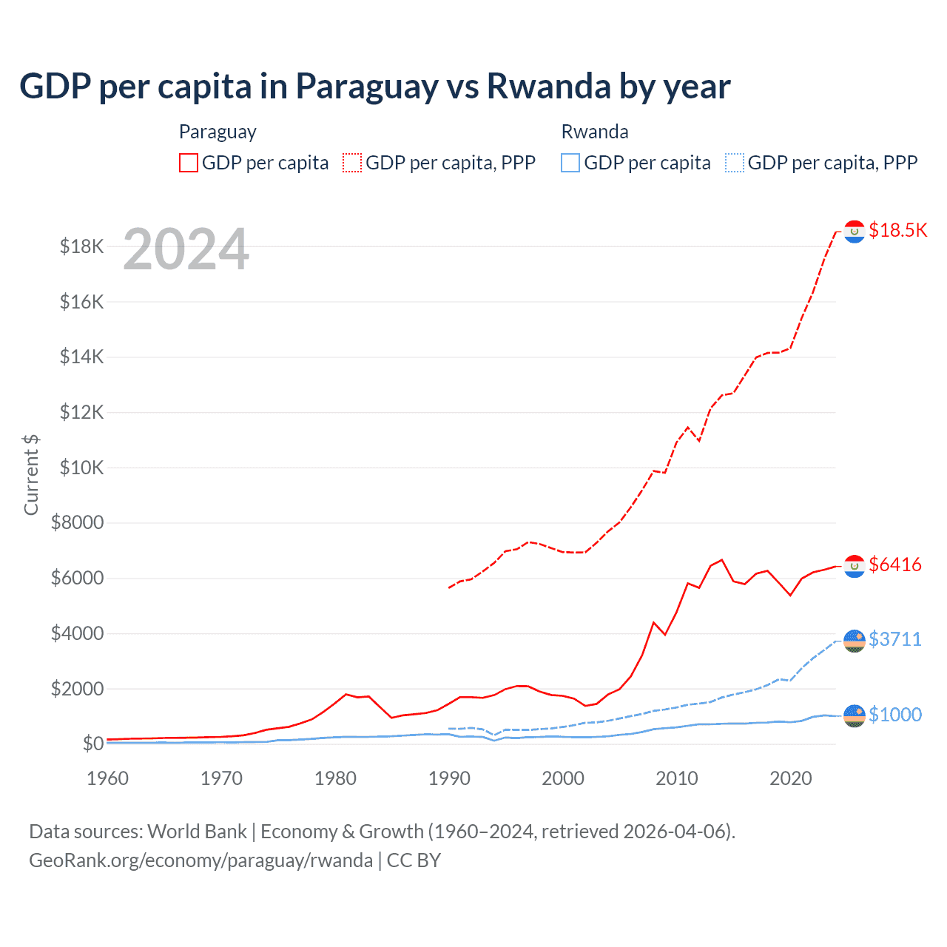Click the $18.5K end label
pos(897,230)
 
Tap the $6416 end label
pos(895,565)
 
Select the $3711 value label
pos(895,638)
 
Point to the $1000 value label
pos(895,715)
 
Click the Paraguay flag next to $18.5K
pos(855,232)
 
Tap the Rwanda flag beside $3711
pos(855,641)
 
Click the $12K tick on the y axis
pos(82,412)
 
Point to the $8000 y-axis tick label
pos(78,523)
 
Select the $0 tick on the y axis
pos(93,744)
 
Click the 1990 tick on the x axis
pos(449,778)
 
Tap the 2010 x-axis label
pos(677,778)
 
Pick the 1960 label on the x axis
pos(108,778)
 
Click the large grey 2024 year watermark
pos(186,249)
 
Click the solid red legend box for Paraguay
pos(189,163)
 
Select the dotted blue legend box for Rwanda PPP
pos(735,163)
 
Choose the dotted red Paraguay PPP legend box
pos(353,163)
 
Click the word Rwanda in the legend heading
pos(595,132)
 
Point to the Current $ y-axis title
pos(31,475)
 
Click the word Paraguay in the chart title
pos(367,86)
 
